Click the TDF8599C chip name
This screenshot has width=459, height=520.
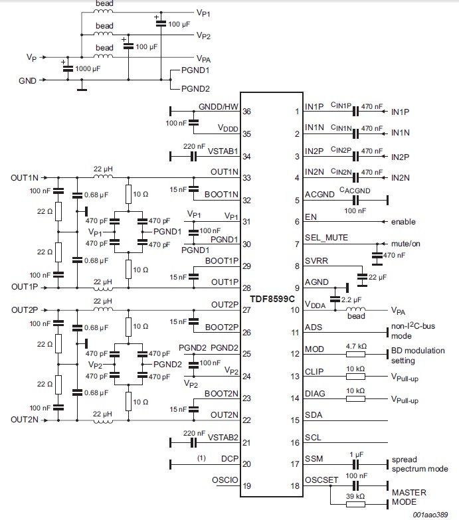point(272,299)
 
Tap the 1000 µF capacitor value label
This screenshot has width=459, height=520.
point(88,68)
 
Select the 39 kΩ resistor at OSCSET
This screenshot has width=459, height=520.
point(355,505)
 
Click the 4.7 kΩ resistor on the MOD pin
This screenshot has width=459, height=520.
point(355,354)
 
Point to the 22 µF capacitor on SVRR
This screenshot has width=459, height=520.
point(362,277)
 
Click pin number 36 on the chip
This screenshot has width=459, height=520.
point(246,112)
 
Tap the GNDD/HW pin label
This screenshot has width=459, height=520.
point(219,106)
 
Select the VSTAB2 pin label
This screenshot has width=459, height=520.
point(223,438)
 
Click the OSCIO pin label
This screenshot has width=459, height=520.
point(225,480)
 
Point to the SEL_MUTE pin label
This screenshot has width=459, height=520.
point(326,238)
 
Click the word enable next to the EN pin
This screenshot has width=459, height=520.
point(403,222)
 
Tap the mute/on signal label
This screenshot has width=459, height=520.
point(406,244)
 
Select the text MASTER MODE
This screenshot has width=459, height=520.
point(409,497)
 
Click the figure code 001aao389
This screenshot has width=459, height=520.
point(430,515)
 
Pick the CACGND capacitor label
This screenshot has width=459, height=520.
point(355,191)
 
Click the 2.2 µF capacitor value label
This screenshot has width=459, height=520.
point(351,300)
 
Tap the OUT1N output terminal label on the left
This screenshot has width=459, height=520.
point(25,178)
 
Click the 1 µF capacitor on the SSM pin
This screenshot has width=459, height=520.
point(355,464)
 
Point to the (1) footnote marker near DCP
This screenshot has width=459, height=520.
point(201,458)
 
